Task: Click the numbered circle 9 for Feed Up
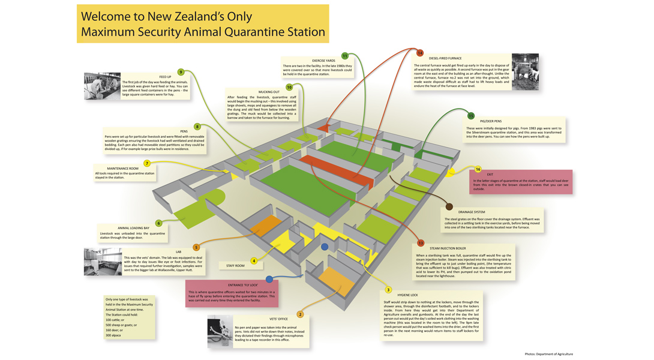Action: pos(181,72)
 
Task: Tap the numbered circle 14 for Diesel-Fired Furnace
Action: pos(420,53)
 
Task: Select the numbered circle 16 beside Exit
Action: pos(478,169)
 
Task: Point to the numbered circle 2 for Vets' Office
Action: pos(300,314)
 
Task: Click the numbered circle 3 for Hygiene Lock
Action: pos(388,290)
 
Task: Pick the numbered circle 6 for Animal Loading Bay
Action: pos(158,223)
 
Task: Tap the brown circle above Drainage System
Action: pos(449,207)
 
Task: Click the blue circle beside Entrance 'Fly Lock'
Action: pos(269,279)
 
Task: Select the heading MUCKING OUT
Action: pos(269,92)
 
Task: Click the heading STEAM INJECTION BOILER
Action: pos(448,248)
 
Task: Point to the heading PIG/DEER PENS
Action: pos(490,121)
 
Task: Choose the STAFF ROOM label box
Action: pos(235,265)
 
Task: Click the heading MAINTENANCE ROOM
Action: pos(122,169)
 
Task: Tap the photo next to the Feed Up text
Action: pos(102,86)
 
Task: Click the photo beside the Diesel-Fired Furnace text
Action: pos(525,72)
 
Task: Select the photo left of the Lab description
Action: pos(103,262)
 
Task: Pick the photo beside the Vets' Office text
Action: pos(220,331)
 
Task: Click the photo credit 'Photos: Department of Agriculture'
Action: pos(548,354)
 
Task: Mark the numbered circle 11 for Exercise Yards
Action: pos(345,56)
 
